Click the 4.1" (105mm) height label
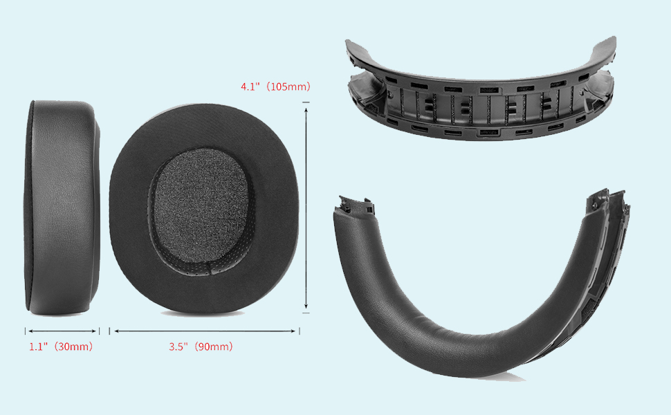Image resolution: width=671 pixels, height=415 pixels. click(275, 86)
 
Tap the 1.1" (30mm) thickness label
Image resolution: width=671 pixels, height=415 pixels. click(61, 346)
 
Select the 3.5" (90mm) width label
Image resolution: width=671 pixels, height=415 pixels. click(201, 346)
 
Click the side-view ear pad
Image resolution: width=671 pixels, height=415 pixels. click(62, 208)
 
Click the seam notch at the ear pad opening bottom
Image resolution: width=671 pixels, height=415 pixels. click(210, 268)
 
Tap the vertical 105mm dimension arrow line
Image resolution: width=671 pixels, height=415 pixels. click(306, 208)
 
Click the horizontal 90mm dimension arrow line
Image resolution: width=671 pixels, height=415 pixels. click(205, 331)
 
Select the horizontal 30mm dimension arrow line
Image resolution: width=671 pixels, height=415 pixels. click(62, 331)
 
